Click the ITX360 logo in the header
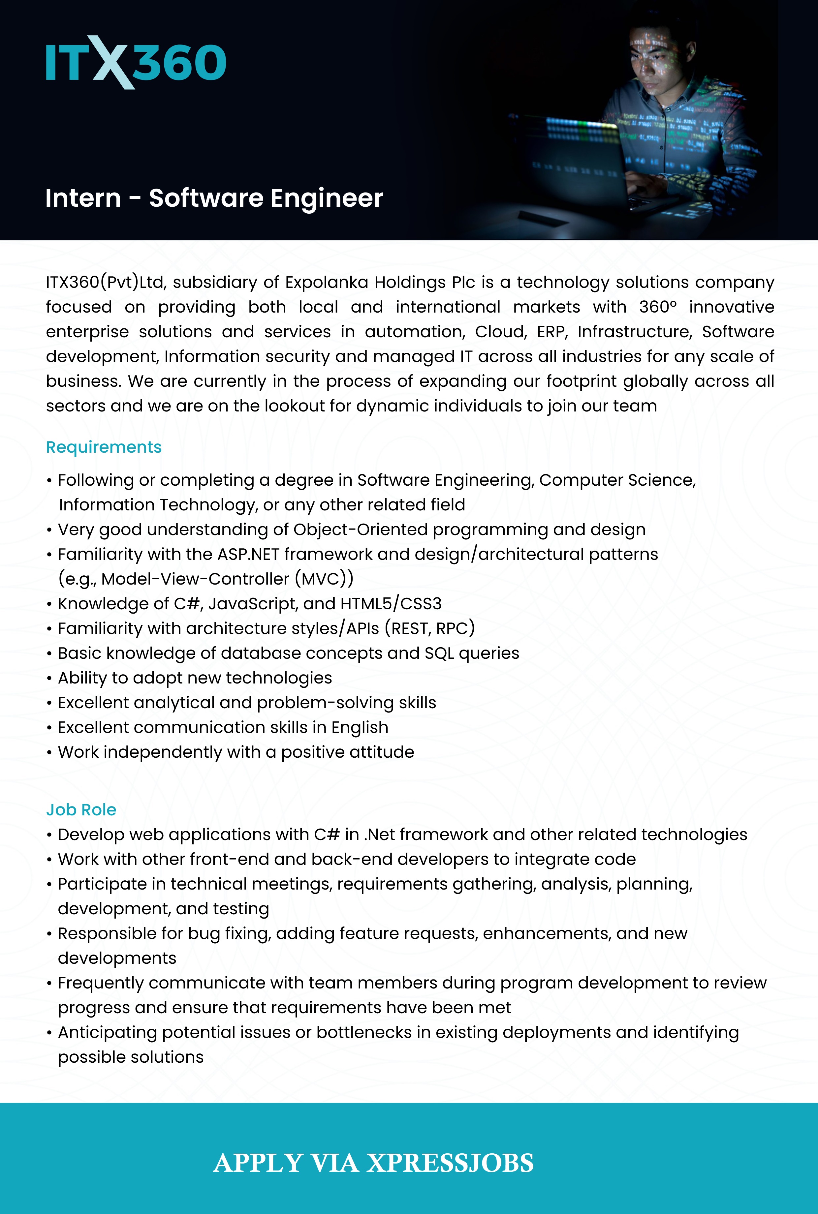pos(136,63)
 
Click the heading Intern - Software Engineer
pos(214,198)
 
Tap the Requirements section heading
pos(104,447)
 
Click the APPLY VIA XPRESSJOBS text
pos(373,1163)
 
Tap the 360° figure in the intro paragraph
pos(658,307)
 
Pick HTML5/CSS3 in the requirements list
pos(391,603)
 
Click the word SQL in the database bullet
pos(439,653)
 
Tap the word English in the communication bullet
pos(360,727)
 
